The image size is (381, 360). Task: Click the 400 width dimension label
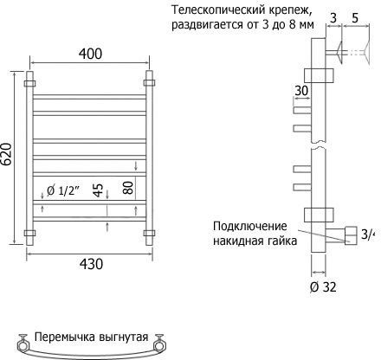click(90, 54)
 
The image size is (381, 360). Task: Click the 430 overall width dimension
click(91, 264)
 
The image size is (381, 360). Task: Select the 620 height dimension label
click(6, 154)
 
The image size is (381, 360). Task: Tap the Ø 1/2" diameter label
click(63, 190)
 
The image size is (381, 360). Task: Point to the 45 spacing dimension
click(99, 190)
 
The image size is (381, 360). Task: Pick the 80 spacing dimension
click(128, 188)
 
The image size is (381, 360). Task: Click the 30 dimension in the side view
click(301, 91)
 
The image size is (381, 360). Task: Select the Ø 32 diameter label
click(323, 287)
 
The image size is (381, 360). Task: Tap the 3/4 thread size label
click(367, 234)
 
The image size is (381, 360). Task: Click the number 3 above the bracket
click(333, 18)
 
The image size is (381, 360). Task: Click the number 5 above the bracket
click(355, 18)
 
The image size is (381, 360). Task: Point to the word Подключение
click(250, 226)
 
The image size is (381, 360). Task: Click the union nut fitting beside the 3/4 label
click(351, 235)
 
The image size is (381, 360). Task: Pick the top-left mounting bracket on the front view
click(29, 84)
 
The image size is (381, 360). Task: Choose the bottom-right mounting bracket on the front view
click(149, 233)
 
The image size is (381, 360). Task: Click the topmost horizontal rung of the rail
click(89, 97)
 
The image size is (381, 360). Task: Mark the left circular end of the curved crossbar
click(23, 345)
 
